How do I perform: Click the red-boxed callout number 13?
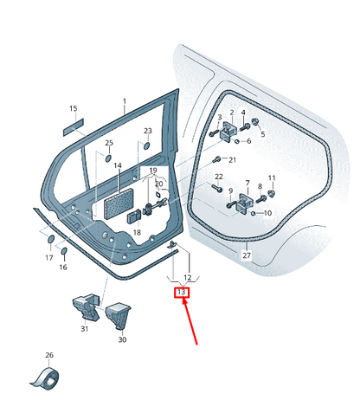pyautogui.click(x=182, y=293)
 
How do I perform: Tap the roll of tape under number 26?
pyautogui.click(x=46, y=377)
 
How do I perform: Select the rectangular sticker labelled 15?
pyautogui.click(x=74, y=127)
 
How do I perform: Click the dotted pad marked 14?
pyautogui.click(x=119, y=204)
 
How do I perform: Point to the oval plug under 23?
pyautogui.click(x=146, y=145)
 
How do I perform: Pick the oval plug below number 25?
pyautogui.click(x=108, y=158)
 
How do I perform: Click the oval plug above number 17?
pyautogui.click(x=50, y=239)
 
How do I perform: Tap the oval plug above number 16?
pyautogui.click(x=64, y=251)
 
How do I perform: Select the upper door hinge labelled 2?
pyautogui.click(x=228, y=132)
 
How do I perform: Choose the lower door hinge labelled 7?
pyautogui.click(x=245, y=203)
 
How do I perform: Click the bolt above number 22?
pyautogui.click(x=218, y=188)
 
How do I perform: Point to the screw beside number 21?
pyautogui.click(x=216, y=159)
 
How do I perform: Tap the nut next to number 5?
pyautogui.click(x=255, y=122)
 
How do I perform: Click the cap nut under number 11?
pyautogui.click(x=272, y=193)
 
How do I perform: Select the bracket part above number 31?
pyautogui.click(x=86, y=308)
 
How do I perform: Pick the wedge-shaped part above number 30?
pyautogui.click(x=118, y=316)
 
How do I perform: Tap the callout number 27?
pyautogui.click(x=247, y=255)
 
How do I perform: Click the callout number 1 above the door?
pyautogui.click(x=125, y=101)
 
